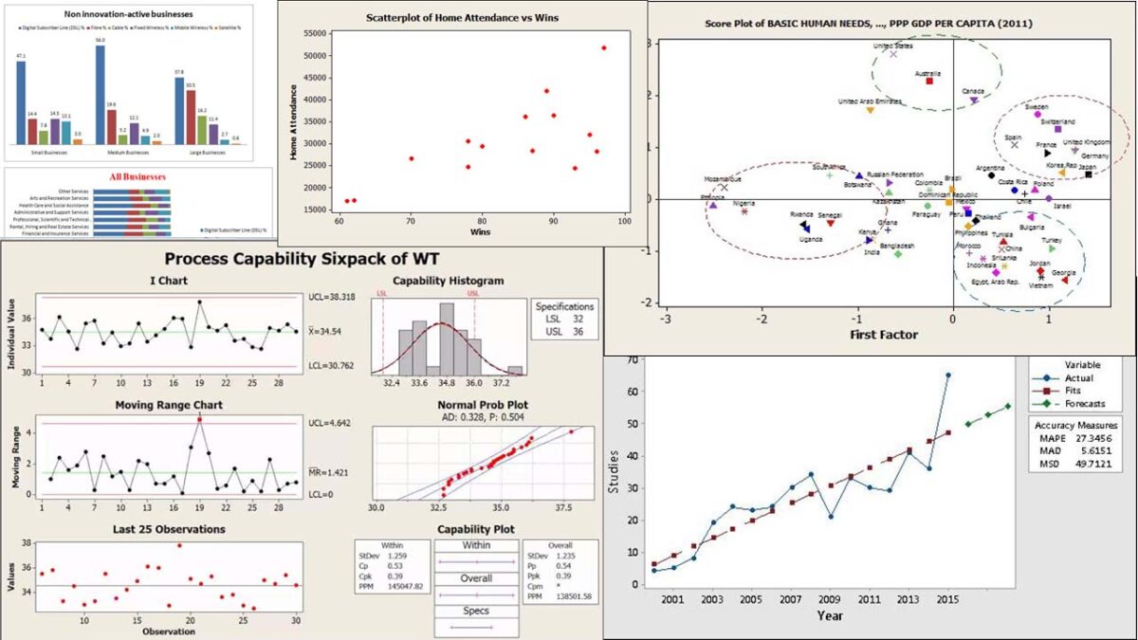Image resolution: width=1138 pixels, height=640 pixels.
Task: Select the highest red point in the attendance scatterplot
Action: [604, 47]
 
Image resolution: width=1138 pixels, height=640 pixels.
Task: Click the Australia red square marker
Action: [929, 82]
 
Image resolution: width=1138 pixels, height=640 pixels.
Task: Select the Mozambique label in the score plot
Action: [724, 178]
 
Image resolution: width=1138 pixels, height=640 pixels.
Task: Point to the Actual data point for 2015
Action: [948, 375]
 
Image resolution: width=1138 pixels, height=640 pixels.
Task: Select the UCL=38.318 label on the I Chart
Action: [332, 296]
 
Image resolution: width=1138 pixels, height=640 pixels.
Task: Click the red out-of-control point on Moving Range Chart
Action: [199, 419]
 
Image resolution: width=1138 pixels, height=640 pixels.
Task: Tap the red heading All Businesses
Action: [138, 176]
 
